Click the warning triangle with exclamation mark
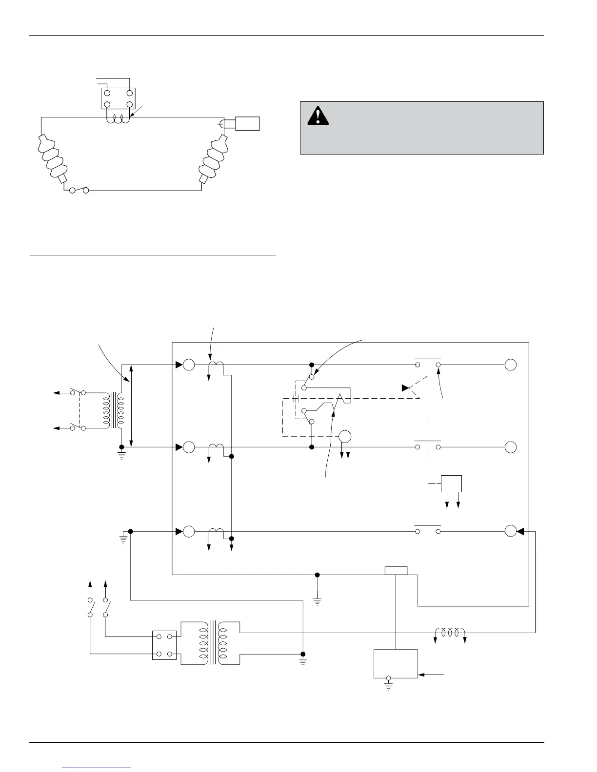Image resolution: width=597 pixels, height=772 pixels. point(317,116)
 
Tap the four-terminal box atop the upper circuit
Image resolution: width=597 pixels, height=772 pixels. point(118,98)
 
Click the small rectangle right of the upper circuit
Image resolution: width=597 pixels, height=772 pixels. point(247,123)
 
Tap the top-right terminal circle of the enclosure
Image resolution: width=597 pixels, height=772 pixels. point(510,365)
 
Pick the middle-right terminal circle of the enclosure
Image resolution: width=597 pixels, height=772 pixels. point(510,447)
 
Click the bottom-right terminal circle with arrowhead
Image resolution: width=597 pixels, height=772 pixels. point(510,531)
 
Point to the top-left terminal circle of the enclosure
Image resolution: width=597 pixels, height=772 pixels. point(188,365)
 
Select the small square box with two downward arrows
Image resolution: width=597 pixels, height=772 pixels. point(451,483)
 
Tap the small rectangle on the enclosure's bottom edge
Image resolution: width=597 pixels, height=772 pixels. point(396,571)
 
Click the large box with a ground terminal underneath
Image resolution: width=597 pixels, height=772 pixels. point(396,663)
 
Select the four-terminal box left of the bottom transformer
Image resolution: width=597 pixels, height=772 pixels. point(164,645)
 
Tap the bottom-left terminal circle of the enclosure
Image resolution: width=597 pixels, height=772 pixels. point(188,531)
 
